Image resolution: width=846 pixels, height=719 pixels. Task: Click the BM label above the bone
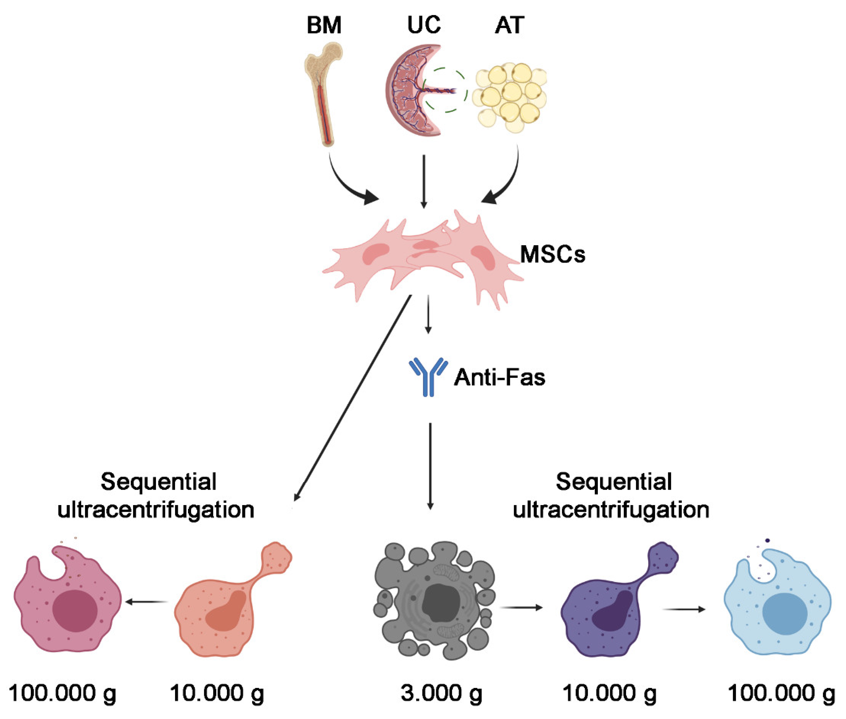324,25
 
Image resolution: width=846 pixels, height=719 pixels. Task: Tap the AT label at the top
509,25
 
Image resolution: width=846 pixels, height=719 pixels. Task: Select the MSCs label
552,255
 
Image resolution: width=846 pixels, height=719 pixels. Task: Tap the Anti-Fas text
500,377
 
